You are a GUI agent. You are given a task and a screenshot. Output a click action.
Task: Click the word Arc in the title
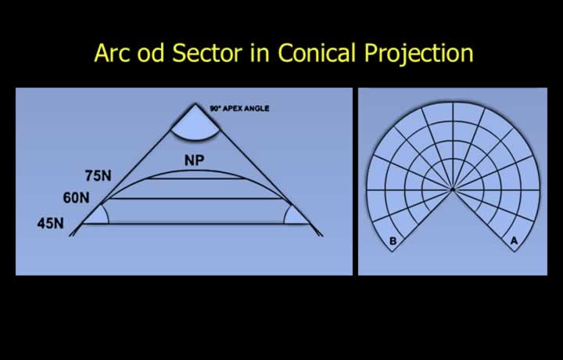112,53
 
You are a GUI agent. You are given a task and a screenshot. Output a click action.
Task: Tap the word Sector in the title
207,53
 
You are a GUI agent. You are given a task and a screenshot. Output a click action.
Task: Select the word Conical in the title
317,53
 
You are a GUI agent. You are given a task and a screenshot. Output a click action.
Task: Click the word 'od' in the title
151,52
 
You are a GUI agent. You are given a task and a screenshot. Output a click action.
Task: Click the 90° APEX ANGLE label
239,109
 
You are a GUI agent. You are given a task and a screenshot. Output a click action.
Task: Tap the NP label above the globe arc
194,160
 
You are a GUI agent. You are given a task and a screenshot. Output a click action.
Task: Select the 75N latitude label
98,175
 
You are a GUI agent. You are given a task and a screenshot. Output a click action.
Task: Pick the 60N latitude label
76,197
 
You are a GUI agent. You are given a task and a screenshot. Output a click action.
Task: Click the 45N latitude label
51,224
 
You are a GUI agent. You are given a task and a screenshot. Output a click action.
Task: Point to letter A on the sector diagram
514,241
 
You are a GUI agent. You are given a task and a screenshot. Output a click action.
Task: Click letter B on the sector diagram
393,241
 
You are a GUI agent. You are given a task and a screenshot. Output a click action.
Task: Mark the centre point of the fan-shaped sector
453,189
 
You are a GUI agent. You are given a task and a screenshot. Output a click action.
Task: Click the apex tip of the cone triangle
195,104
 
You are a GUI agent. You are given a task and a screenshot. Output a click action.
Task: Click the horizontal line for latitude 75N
196,178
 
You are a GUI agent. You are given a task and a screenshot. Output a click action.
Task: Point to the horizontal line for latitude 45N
196,224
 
